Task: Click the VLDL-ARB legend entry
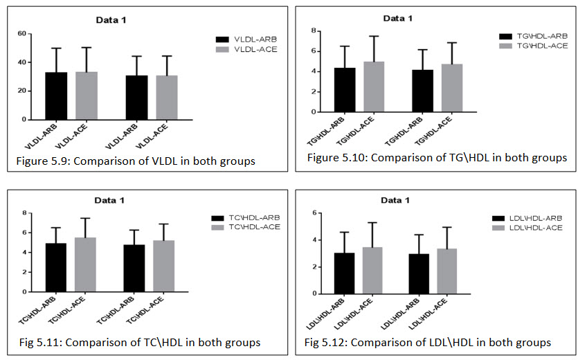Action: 246,39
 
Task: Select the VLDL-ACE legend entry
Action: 246,50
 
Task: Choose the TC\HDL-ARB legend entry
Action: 245,217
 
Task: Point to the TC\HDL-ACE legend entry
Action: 245,226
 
